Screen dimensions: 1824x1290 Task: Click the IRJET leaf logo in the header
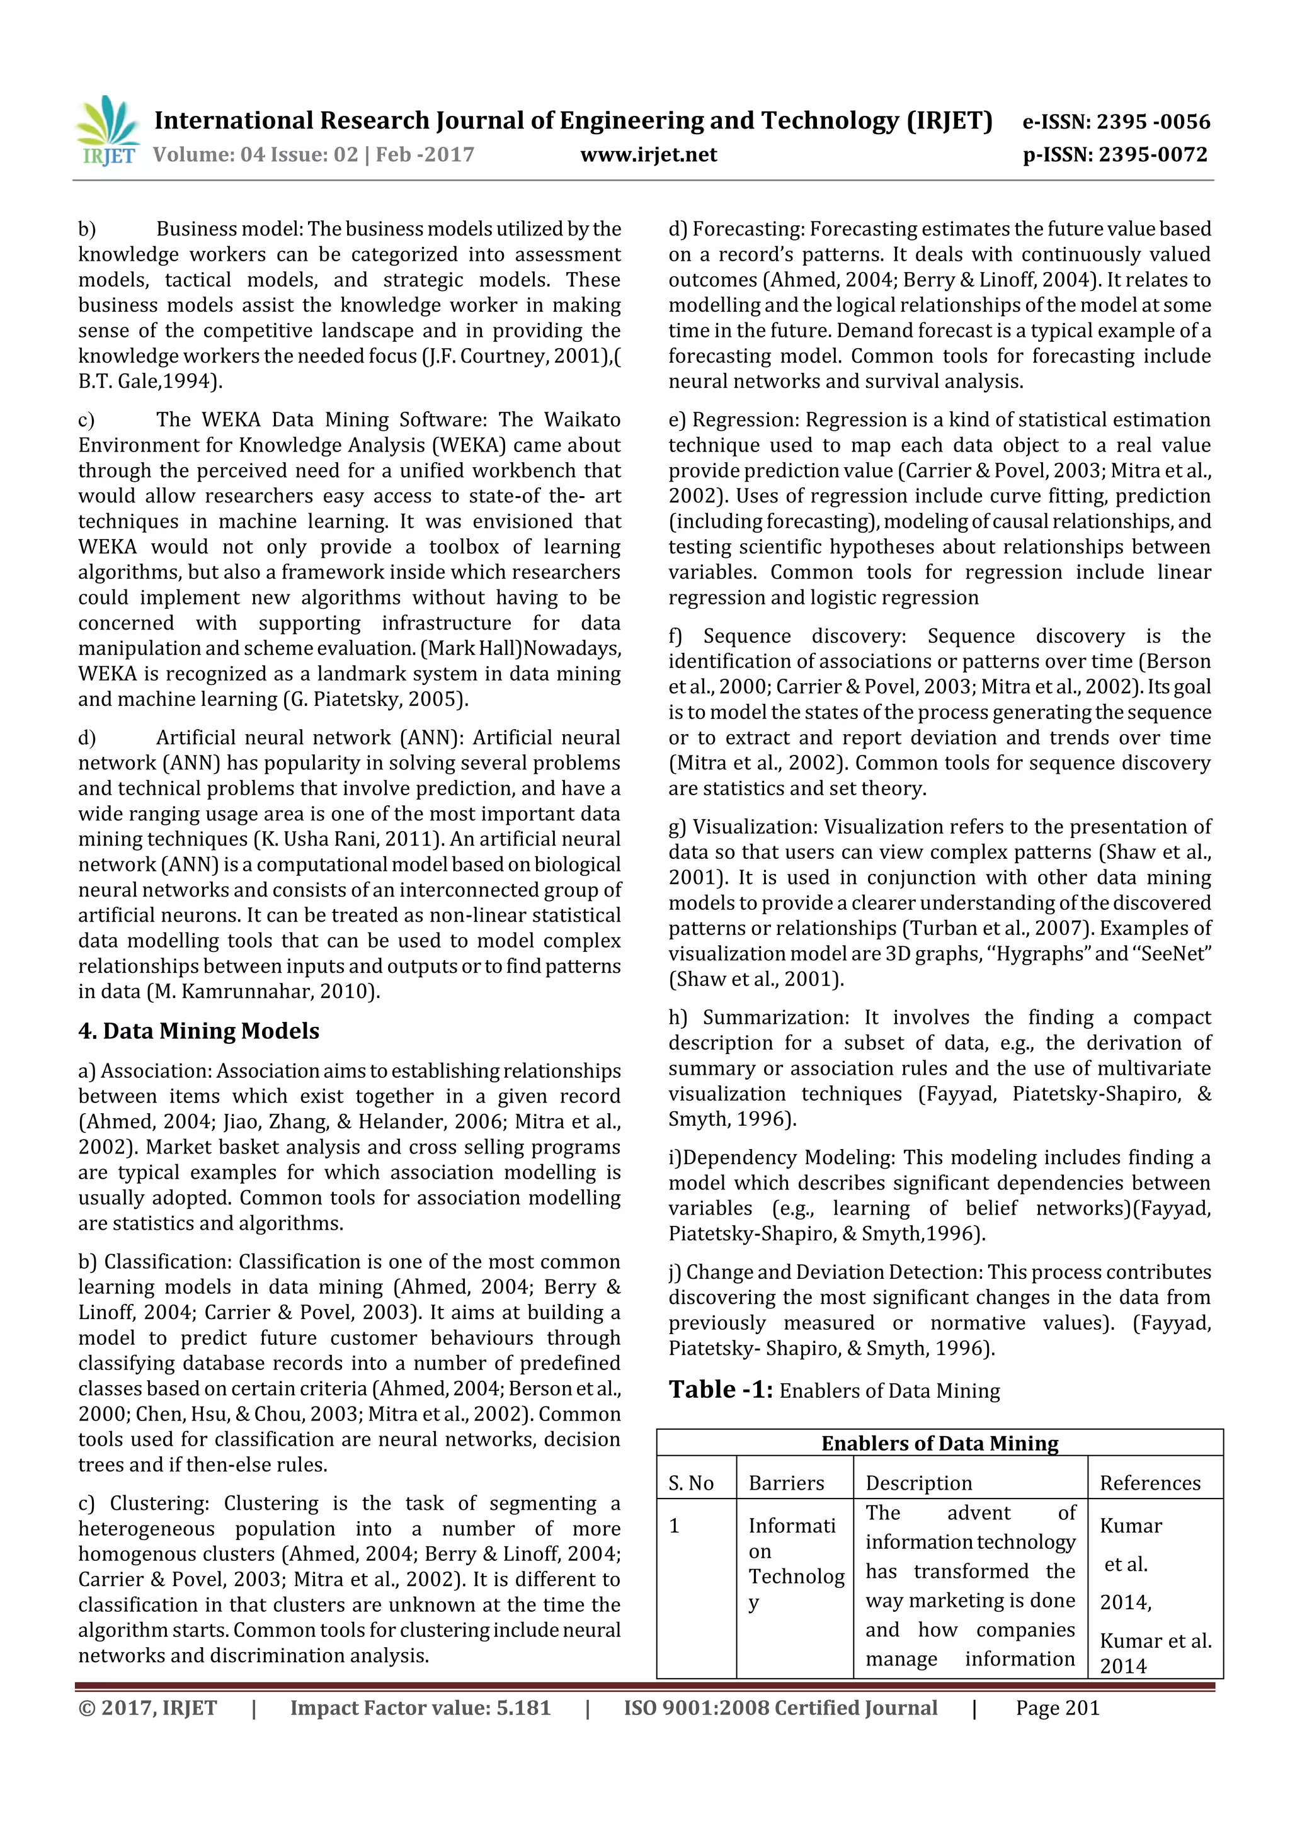click(108, 130)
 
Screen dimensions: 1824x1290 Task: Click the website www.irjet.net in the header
click(649, 155)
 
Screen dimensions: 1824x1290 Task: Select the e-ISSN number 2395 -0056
click(1153, 122)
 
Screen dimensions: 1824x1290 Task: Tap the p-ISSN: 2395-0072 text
click(1114, 154)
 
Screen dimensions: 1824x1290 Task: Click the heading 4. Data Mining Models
click(198, 1031)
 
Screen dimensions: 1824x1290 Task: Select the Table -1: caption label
click(720, 1390)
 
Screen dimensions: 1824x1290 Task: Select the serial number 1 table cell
click(674, 1526)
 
